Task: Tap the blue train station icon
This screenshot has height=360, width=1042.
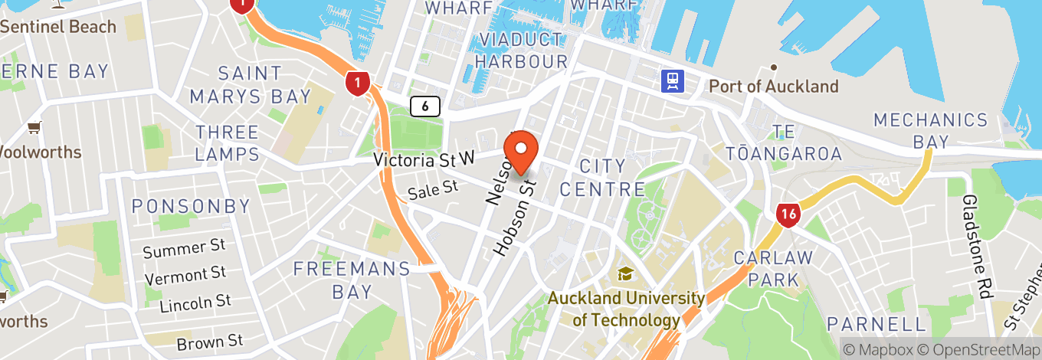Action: point(673,80)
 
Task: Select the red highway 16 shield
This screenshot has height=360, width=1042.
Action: point(788,214)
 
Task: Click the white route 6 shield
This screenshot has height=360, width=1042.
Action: point(424,106)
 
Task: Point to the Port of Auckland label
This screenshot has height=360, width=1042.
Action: point(774,86)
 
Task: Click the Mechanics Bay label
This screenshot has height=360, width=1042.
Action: point(931,130)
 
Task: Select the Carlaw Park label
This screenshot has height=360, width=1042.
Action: point(772,268)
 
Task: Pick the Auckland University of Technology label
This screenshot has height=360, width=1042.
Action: point(626,309)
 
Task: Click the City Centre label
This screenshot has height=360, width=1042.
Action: point(602,177)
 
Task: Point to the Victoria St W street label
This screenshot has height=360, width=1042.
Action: point(424,159)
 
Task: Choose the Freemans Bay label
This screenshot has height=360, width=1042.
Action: point(352,280)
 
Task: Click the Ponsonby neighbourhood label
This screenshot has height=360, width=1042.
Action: point(191,206)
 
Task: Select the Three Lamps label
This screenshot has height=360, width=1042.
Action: point(227,142)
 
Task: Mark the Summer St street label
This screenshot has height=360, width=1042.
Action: point(184,249)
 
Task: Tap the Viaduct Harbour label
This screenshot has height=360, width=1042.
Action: point(521,50)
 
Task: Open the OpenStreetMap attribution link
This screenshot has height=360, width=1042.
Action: point(978,349)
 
